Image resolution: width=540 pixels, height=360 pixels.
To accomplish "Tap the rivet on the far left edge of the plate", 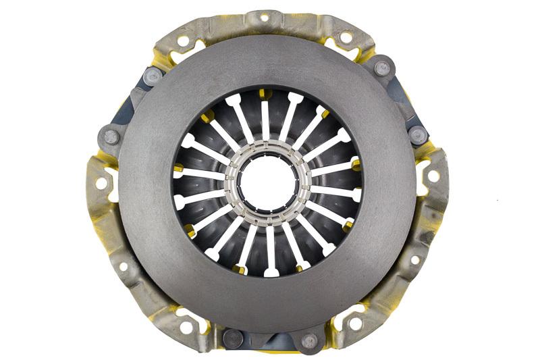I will [111, 137].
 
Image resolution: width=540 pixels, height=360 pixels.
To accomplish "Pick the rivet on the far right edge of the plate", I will [418, 134].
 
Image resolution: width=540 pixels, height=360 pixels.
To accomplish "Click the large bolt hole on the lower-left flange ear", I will [184, 328].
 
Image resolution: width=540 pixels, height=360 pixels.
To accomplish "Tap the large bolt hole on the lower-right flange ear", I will [355, 325].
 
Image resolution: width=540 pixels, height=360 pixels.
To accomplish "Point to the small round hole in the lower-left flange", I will [124, 267].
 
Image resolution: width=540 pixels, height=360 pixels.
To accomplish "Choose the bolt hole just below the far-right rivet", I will [434, 177].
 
